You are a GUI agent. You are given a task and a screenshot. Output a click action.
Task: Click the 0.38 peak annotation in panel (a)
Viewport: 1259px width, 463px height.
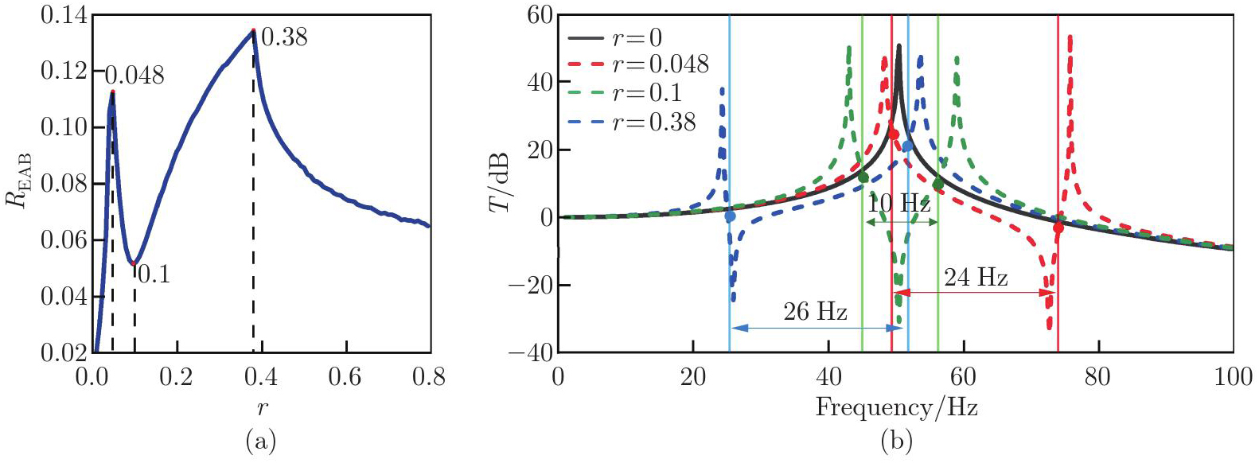[284, 37]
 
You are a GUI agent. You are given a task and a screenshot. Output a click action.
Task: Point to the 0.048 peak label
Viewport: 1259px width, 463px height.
[134, 76]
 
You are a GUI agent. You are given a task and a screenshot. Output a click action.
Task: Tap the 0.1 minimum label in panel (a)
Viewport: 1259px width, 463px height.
[154, 274]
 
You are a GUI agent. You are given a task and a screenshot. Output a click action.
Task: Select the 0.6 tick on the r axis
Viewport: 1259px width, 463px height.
[345, 376]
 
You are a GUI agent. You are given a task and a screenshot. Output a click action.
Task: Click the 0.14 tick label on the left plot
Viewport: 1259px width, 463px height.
[64, 16]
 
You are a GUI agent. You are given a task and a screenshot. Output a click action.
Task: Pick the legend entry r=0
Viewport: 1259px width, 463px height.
[637, 37]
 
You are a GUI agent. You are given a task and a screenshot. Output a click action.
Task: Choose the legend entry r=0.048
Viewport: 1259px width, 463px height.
[661, 64]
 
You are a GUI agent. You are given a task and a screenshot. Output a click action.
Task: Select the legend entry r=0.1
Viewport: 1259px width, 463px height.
[647, 93]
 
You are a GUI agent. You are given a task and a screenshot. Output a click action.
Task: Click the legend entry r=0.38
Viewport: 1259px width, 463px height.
[654, 122]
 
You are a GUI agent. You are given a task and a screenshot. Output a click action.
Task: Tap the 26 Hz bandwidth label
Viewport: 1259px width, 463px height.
[815, 312]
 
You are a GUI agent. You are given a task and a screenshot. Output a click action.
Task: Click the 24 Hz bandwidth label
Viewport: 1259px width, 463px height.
[976, 278]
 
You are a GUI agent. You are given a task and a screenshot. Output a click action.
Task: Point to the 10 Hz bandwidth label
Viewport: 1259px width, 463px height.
[898, 204]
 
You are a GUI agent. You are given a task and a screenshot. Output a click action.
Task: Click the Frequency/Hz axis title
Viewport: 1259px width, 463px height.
[896, 408]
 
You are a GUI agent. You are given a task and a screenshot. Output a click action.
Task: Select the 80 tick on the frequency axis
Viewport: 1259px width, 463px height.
[1097, 376]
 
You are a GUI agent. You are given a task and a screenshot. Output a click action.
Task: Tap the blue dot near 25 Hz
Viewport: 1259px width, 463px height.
[730, 216]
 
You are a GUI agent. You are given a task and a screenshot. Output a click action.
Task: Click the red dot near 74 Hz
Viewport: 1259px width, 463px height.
[1058, 228]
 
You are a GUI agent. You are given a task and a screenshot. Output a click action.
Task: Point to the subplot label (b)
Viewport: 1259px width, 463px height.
[896, 440]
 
